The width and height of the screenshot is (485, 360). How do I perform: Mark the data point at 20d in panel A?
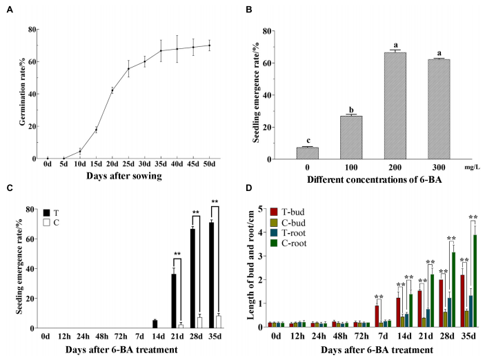point(112,90)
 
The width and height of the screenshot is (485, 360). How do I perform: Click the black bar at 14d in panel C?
point(155,323)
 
